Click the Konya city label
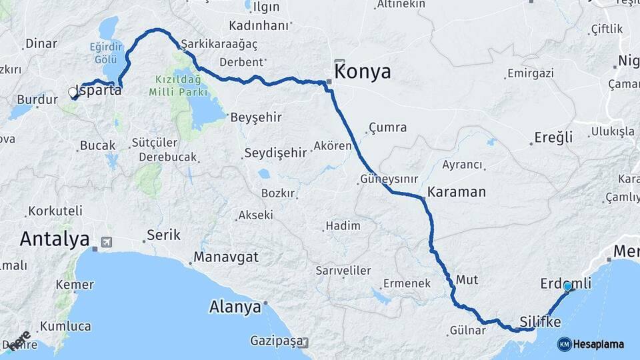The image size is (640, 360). point(363,72)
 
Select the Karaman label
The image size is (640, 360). point(457,191)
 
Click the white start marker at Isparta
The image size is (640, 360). point(74,93)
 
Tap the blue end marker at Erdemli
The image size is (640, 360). point(567,287)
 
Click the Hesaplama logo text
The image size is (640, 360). point(598,344)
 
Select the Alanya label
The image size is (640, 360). point(235,307)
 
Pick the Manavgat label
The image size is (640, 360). point(226,257)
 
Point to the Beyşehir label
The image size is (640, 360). point(256,117)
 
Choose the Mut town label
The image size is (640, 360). point(467,280)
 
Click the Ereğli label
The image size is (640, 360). point(553,138)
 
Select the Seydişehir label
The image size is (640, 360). point(275,153)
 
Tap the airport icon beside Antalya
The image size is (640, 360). point(105,241)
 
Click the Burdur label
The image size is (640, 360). point(34,99)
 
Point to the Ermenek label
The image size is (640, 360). point(408,284)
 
